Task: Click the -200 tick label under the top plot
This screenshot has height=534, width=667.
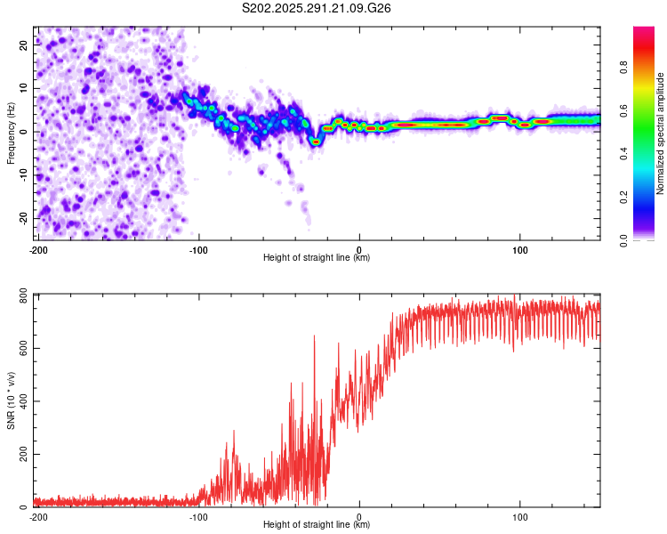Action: (x=38, y=249)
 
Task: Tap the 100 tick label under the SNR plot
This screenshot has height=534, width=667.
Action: (x=520, y=517)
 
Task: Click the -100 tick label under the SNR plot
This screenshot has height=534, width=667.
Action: (x=198, y=517)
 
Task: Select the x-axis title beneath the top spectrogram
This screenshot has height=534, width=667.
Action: (x=317, y=258)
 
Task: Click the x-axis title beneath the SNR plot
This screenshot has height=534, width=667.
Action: (x=317, y=526)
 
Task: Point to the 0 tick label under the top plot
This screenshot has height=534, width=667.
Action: (x=359, y=249)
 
